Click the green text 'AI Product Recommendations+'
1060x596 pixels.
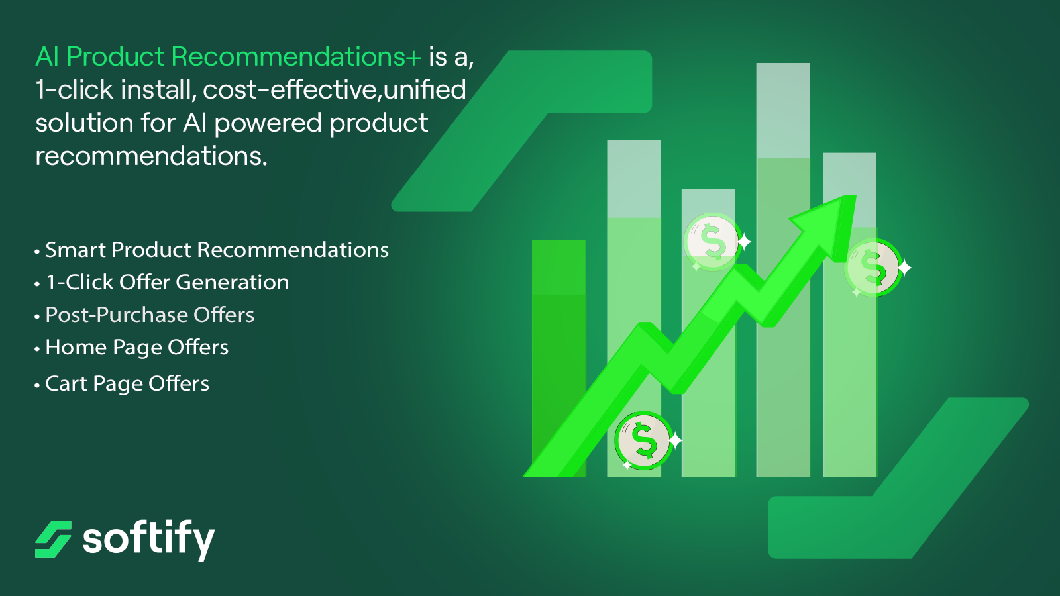(x=228, y=57)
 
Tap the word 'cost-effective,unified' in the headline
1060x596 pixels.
(x=335, y=90)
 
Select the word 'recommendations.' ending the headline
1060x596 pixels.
(x=152, y=156)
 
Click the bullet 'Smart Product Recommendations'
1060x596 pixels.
(x=217, y=250)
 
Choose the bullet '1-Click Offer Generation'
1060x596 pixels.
(x=167, y=282)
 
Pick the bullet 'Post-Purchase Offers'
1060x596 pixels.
(x=150, y=315)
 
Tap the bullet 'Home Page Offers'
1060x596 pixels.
(x=136, y=348)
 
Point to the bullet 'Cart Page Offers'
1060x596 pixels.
(x=127, y=383)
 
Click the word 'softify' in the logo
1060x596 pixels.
(x=148, y=540)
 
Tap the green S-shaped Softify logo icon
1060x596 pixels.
(x=53, y=539)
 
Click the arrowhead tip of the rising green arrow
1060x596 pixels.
(x=855, y=196)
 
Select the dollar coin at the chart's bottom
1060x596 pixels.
(x=643, y=440)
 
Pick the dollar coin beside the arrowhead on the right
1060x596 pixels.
(x=874, y=268)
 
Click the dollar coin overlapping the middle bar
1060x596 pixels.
(x=713, y=242)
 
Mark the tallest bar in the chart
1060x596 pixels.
(x=782, y=270)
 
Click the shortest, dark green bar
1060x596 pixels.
(x=558, y=358)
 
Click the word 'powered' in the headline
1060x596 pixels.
(x=268, y=124)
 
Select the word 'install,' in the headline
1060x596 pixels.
(x=159, y=90)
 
